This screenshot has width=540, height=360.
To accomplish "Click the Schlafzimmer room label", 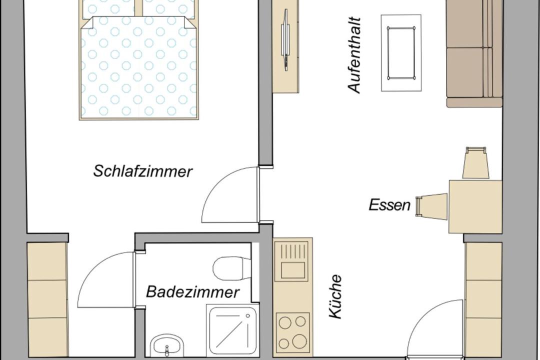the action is (x=143, y=171).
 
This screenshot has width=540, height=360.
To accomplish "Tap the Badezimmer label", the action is (x=192, y=292).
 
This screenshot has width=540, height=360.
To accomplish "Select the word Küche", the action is (x=335, y=296).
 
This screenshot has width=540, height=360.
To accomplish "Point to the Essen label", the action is (x=389, y=205).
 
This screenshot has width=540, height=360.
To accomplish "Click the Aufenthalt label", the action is (x=354, y=55).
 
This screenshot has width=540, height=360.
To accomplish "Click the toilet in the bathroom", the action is (x=231, y=268).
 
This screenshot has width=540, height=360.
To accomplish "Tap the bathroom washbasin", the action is (x=166, y=346).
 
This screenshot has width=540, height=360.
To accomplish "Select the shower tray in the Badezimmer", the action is (x=230, y=330).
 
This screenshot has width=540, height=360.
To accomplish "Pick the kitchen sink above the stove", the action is (x=292, y=260).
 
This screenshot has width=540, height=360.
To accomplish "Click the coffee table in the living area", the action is (x=401, y=52).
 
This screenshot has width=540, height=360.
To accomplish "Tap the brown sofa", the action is (x=474, y=53).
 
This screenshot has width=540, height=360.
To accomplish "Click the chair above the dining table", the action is (x=476, y=162).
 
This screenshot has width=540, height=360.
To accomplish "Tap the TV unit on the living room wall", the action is (x=286, y=46).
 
